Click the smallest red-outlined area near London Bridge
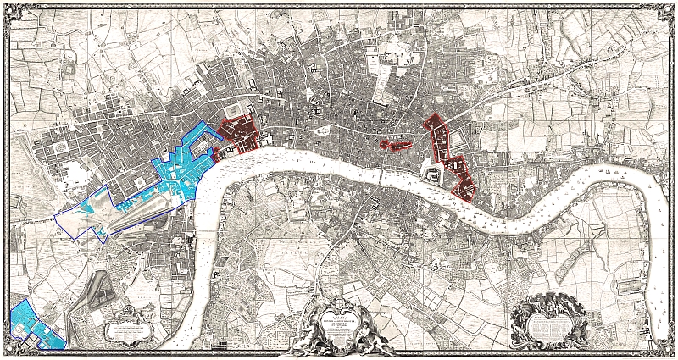pos(394,144)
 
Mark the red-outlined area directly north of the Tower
pos(438,136)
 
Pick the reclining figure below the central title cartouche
pos(339,343)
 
